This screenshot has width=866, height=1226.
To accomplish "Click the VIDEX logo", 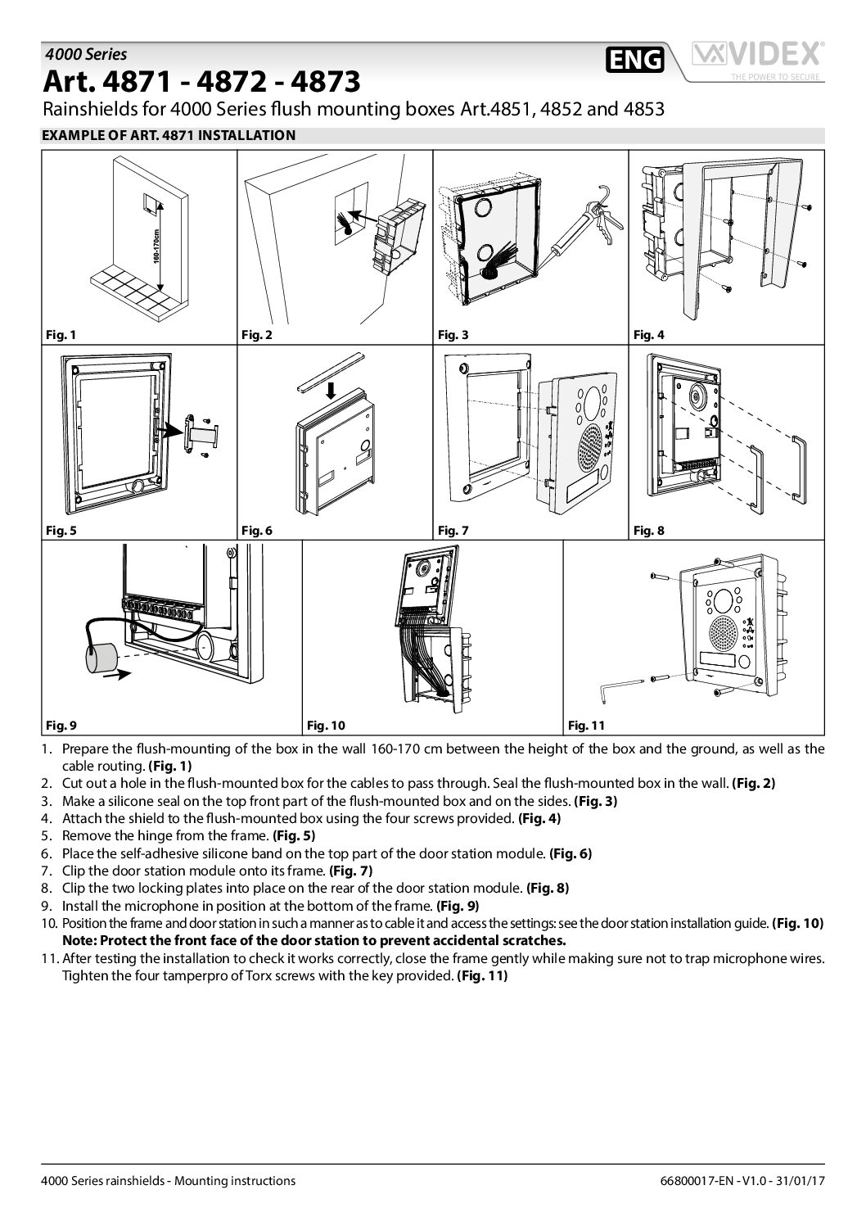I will point(757,59).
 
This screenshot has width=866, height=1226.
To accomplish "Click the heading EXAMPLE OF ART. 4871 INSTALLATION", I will point(168,136).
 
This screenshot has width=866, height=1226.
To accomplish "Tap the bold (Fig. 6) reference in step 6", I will point(570,853).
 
